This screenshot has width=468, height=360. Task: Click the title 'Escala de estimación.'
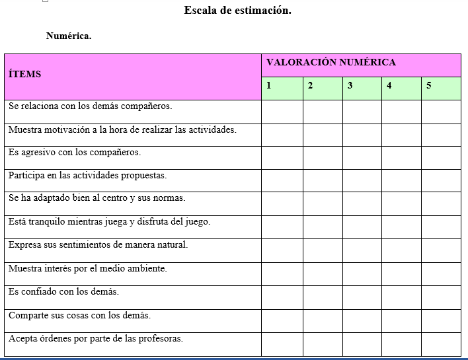click(237, 11)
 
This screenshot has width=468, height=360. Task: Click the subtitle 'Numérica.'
click(69, 36)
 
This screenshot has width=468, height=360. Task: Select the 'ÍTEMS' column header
click(25, 74)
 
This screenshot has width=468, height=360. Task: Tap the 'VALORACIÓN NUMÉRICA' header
click(331, 63)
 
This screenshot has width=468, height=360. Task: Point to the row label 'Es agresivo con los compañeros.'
click(75, 153)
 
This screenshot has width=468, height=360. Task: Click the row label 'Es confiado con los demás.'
click(64, 291)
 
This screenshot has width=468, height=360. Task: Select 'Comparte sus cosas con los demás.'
click(79, 315)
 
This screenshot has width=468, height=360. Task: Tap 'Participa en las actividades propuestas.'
click(87, 176)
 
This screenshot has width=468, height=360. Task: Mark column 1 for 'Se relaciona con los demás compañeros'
click(282, 112)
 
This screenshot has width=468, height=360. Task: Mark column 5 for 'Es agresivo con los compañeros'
click(441, 158)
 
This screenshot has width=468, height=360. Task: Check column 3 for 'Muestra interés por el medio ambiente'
click(362, 273)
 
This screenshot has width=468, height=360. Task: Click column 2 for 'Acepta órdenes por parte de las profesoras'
click(323, 343)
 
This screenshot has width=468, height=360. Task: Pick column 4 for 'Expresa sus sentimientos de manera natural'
click(401, 250)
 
